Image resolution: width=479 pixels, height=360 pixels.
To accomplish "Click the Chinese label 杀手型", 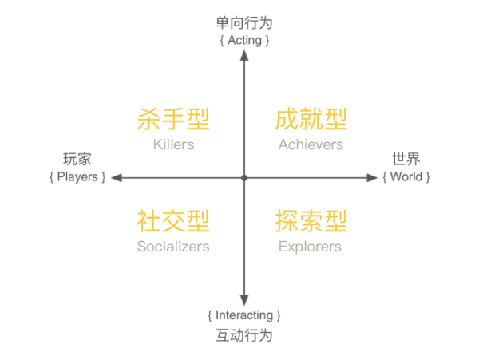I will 173,120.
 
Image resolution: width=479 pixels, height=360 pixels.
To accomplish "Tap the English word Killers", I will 173,144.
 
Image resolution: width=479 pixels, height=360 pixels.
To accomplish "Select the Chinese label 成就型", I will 311,120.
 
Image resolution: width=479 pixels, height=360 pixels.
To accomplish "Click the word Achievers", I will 311,144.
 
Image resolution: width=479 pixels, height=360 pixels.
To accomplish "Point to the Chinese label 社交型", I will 173,220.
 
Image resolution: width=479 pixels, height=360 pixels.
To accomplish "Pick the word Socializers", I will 173,246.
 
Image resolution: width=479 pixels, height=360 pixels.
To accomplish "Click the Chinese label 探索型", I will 311,220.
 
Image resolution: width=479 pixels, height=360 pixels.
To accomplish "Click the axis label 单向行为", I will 244,23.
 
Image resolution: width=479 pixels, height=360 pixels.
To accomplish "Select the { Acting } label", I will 244,39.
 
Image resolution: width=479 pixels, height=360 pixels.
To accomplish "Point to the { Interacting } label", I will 244,315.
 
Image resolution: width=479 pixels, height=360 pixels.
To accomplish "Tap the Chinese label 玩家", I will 77,159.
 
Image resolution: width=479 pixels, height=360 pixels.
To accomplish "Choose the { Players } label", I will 77,176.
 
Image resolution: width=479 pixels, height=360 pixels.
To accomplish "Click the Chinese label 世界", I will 406,159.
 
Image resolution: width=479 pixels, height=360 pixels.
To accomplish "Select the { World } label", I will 406,176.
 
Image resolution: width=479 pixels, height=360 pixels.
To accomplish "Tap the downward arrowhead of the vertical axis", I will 244,301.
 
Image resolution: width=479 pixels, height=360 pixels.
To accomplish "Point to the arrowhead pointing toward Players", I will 115,177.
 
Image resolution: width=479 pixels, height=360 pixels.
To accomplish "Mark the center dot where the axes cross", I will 244,177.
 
